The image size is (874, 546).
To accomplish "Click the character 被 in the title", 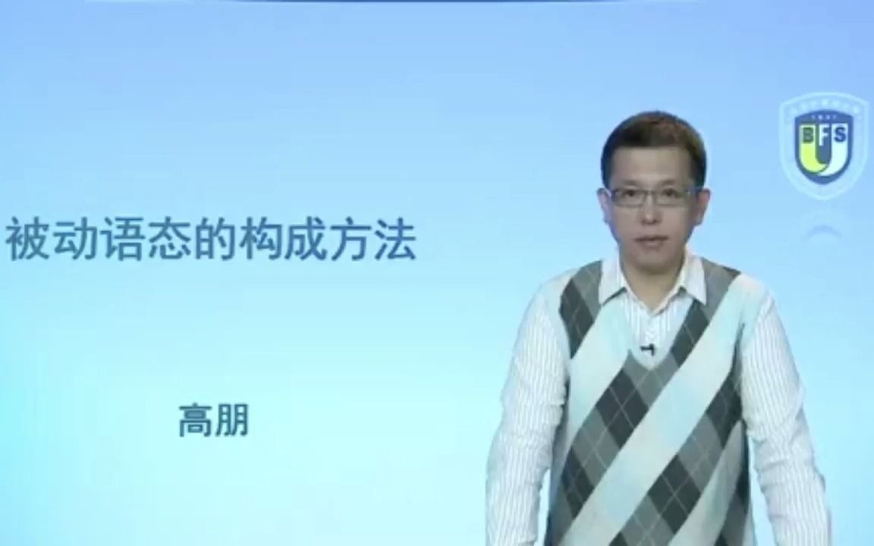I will (x=28, y=240).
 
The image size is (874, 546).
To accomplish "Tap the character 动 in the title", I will (x=74, y=240).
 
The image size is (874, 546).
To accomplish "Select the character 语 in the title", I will (x=121, y=240).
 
